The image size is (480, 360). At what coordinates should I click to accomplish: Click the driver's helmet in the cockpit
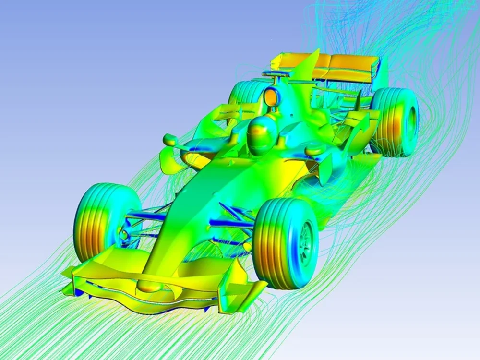(x=260, y=135)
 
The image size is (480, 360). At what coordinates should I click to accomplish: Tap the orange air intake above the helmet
(x=272, y=97)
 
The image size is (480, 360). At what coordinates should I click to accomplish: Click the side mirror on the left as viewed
(x=171, y=140)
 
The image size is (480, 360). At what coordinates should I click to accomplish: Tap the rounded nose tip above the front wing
(x=148, y=287)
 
